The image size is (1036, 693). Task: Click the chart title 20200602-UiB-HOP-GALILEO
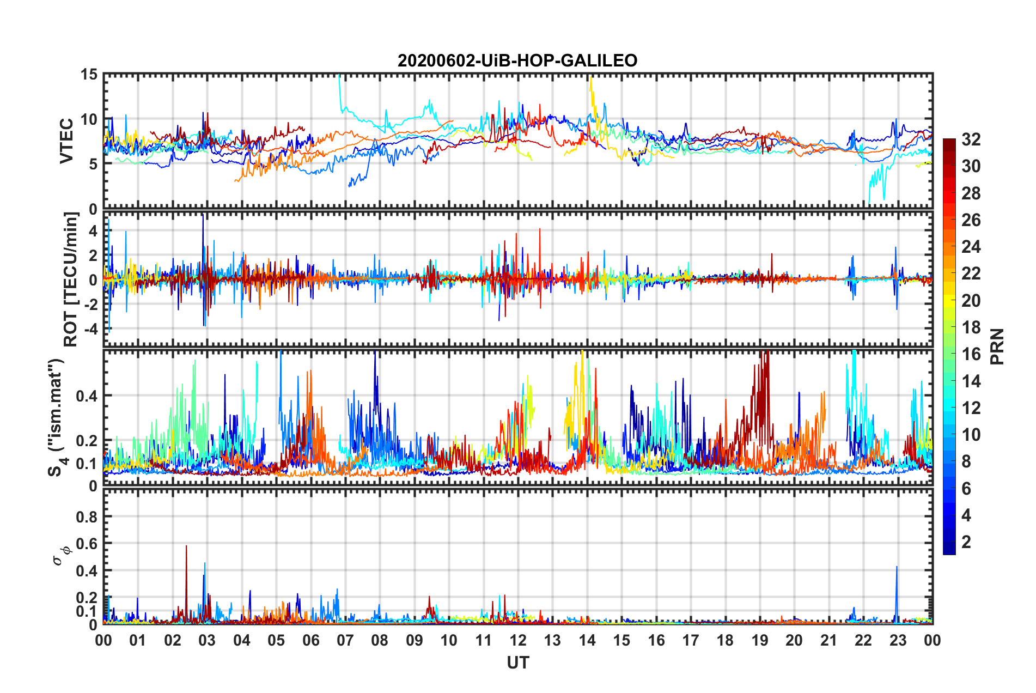tap(517, 60)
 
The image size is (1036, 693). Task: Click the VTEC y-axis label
tap(66, 141)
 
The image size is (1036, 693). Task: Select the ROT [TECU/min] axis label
tap(71, 279)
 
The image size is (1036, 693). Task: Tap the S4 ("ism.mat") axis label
tap(56, 418)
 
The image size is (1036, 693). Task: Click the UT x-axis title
tap(517, 662)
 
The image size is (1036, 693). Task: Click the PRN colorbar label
tap(997, 346)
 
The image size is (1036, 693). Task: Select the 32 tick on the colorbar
tap(971, 139)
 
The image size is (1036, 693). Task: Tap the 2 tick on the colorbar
tap(966, 542)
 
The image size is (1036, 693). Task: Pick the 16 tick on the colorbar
tap(971, 354)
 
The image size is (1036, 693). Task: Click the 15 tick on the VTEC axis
tap(89, 75)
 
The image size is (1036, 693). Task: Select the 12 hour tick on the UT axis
tap(518, 640)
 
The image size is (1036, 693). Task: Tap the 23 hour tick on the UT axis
tap(898, 640)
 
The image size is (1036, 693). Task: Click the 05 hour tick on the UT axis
tap(276, 640)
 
